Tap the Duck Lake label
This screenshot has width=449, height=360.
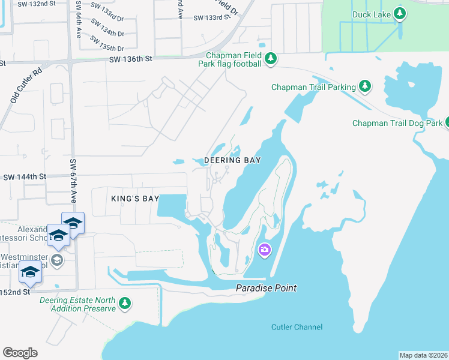(372, 13)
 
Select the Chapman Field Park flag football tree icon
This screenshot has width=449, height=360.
(271, 58)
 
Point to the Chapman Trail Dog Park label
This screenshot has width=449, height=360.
(397, 124)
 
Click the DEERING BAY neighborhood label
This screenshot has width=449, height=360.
(232, 161)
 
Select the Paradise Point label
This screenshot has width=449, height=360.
(266, 289)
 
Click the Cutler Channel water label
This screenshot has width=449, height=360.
(297, 327)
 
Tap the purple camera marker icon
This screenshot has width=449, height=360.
(264, 250)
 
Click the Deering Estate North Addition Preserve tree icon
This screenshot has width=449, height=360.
(125, 304)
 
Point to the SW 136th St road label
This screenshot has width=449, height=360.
(131, 59)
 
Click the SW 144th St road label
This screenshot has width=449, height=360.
(25, 177)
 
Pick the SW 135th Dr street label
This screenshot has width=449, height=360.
(107, 43)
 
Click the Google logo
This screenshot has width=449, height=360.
(20, 353)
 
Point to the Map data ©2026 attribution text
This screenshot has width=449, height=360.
(423, 355)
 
